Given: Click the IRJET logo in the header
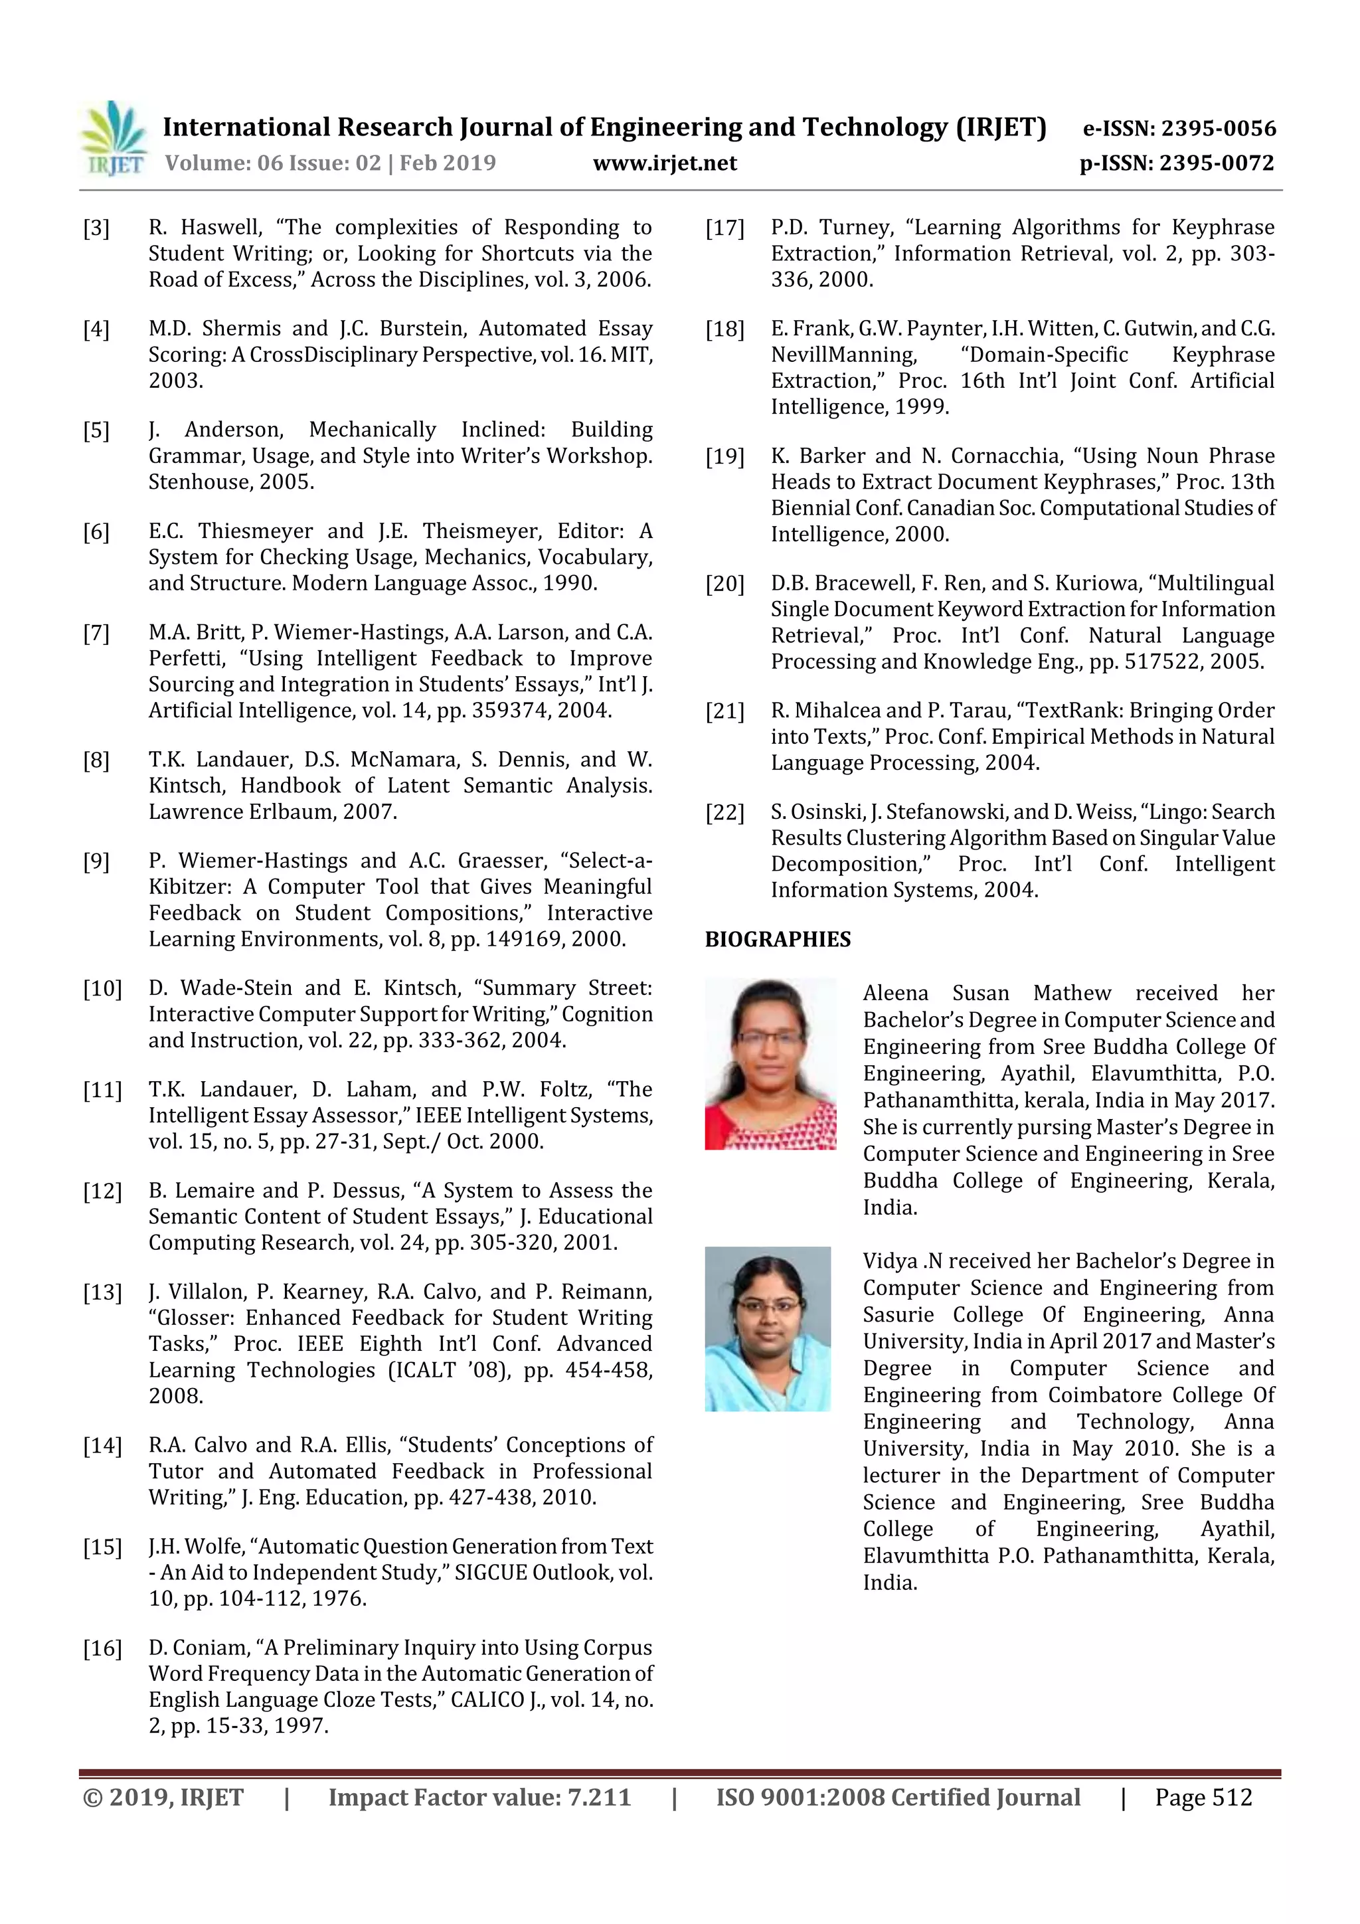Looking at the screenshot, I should (113, 138).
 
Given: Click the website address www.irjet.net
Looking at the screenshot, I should (665, 163).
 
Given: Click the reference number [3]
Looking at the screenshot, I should (96, 228).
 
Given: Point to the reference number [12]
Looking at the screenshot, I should (102, 1191).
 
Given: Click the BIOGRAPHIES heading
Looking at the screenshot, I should (777, 939).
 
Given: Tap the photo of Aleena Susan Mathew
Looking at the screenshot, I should (770, 1063).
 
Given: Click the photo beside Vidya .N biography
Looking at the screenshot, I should (768, 1329).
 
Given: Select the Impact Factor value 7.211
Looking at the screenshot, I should (598, 1797).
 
